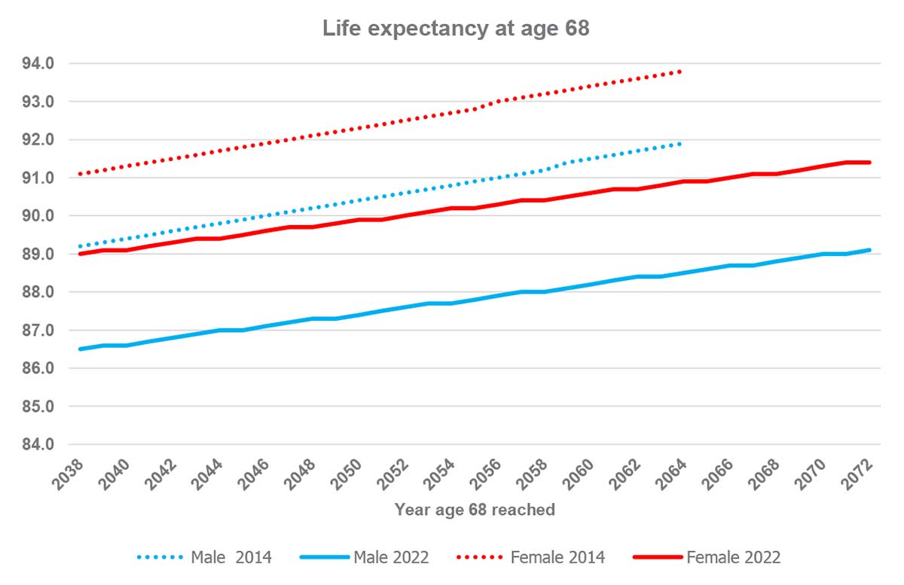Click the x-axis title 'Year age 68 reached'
tap(475, 510)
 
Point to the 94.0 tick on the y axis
tap(38, 64)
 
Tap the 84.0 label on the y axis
tap(38, 445)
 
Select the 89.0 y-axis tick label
tap(38, 254)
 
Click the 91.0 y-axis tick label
tap(38, 178)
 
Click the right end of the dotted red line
tap(680, 72)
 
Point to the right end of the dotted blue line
tap(680, 144)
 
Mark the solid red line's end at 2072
tap(870, 163)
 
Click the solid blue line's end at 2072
tap(870, 250)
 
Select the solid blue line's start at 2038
tap(80, 349)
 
